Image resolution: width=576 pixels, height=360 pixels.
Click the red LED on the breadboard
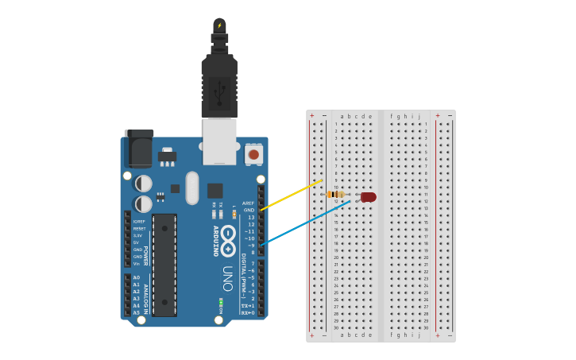coord(368,196)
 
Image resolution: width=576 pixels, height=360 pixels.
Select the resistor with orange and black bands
coord(336,194)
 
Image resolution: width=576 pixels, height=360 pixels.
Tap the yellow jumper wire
coord(292,195)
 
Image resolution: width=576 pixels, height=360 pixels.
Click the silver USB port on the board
coord(219,141)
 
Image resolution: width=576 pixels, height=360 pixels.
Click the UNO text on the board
coord(228,278)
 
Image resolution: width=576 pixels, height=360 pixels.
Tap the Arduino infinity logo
coord(228,239)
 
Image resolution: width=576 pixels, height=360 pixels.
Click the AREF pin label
coord(249,203)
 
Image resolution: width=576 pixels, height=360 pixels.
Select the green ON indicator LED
coord(221,302)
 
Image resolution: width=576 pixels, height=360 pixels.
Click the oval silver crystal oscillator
coord(191,188)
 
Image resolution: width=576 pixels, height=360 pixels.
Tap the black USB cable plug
coord(219,79)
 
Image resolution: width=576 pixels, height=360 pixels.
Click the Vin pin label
coord(137,264)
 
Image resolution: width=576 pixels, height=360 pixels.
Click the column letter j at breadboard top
coord(419,116)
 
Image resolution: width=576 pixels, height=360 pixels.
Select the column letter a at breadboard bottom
coord(342,335)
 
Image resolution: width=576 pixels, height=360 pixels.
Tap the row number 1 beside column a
coord(336,124)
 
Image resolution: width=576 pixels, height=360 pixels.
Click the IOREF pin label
coord(139,222)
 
